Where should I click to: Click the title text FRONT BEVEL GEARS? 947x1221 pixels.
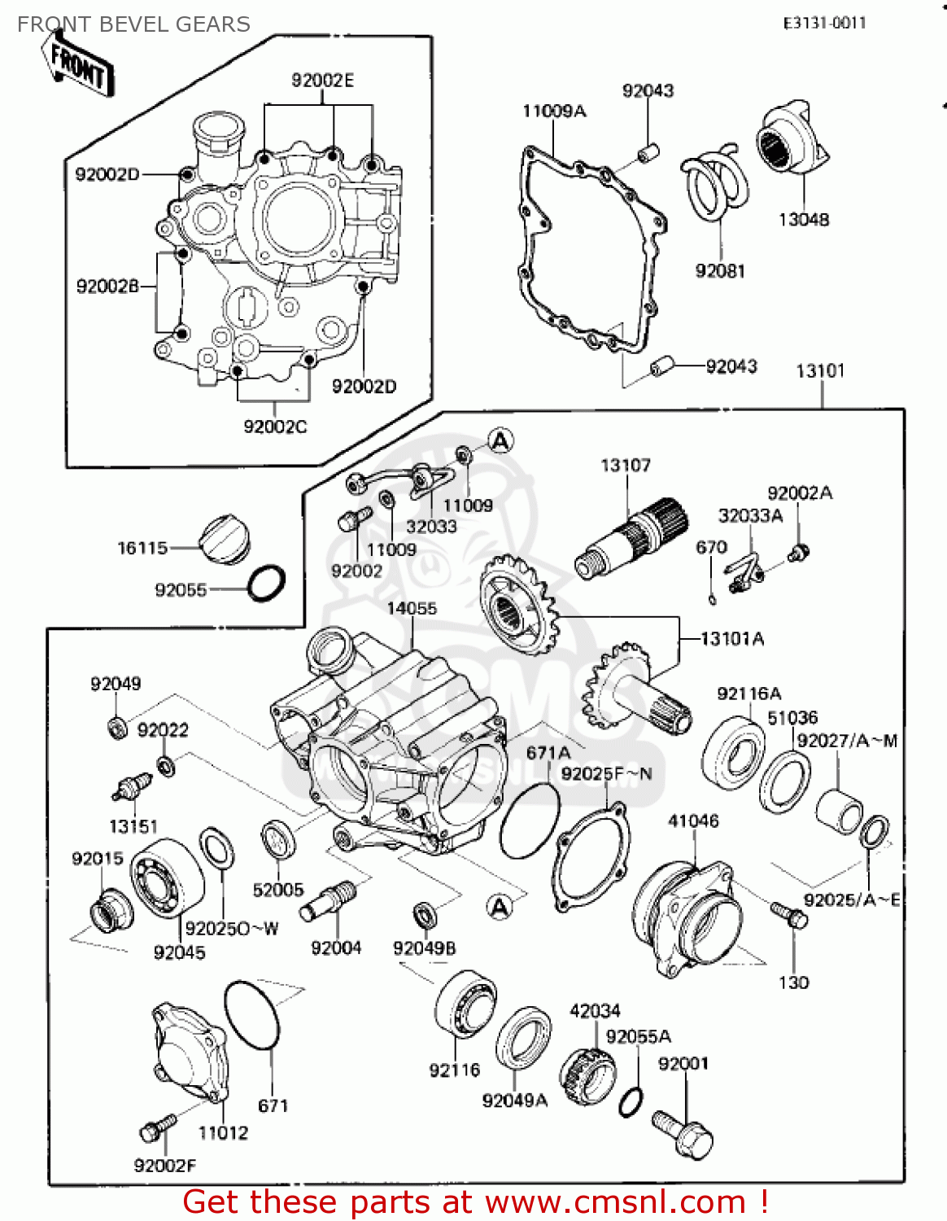(x=133, y=24)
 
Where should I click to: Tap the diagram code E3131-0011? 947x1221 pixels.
(x=824, y=23)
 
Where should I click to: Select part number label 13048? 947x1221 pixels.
(x=803, y=219)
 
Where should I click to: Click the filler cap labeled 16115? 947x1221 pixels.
(x=225, y=540)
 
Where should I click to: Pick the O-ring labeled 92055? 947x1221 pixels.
(x=266, y=584)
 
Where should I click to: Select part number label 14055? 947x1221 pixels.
(x=411, y=608)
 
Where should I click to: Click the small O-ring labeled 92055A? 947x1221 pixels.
(x=631, y=1102)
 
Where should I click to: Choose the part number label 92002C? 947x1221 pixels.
(x=275, y=427)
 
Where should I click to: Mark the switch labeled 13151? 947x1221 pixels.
(x=131, y=786)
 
